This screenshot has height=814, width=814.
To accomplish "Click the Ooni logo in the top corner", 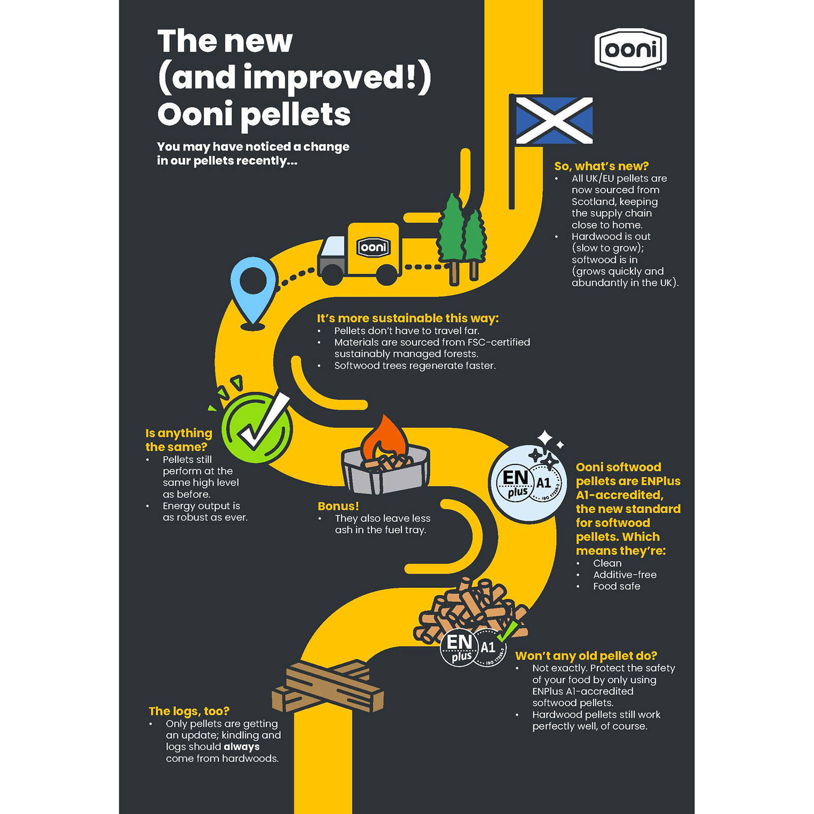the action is (630, 49).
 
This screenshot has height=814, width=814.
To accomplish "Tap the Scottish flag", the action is (554, 120).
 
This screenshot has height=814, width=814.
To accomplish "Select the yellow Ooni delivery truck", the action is (360, 253).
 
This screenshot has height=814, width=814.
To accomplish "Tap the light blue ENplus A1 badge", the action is (528, 483).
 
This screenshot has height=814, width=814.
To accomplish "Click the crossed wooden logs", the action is (328, 685).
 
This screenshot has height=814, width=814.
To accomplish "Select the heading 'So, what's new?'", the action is (601, 166).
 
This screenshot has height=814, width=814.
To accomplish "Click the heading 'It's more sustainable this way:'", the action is (408, 318).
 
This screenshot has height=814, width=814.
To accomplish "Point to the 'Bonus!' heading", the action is (338, 506).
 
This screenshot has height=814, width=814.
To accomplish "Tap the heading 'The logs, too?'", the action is (189, 711).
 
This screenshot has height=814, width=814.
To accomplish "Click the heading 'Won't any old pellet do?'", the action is (586, 656).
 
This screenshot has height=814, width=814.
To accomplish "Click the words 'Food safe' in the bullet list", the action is (617, 586).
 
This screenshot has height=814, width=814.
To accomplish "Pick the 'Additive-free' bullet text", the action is (625, 574).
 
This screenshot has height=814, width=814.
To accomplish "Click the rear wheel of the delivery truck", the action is (332, 274).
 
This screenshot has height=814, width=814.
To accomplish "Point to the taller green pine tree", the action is (452, 239).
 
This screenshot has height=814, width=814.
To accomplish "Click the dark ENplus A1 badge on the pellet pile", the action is (473, 648).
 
